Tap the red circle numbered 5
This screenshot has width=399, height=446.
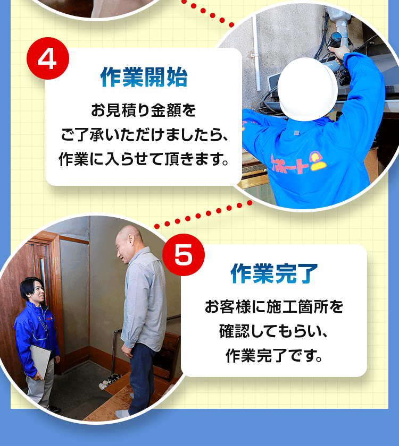click(x=183, y=255)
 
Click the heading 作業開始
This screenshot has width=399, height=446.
click(x=144, y=78)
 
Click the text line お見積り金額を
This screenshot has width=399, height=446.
click(x=144, y=111)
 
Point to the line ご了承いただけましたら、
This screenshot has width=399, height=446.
click(x=144, y=135)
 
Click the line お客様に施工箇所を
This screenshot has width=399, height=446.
click(x=274, y=307)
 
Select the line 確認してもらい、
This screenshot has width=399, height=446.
click(x=274, y=331)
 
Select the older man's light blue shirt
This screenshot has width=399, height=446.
click(x=142, y=297)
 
